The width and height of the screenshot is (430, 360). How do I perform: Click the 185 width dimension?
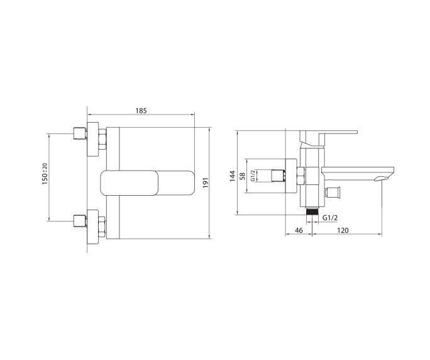[141, 111]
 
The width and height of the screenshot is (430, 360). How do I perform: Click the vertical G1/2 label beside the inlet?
[253, 176]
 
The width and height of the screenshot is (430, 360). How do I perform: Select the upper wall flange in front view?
[93, 137]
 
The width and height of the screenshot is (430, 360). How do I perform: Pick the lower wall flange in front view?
[93, 224]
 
